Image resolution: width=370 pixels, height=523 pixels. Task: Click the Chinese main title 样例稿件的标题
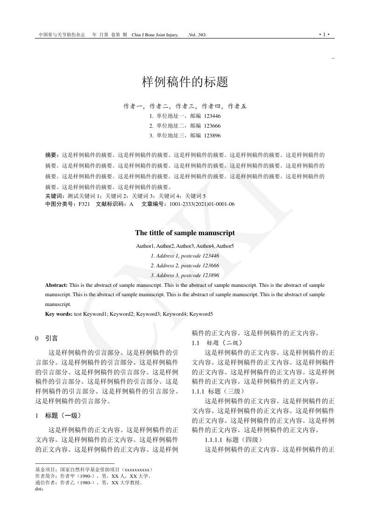click(185, 82)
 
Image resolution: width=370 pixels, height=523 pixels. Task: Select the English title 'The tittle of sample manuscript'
click(185, 233)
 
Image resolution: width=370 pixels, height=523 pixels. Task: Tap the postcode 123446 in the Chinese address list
click(212, 116)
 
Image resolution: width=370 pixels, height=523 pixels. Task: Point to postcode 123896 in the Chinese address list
click(212, 136)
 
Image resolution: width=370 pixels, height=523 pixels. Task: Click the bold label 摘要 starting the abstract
click(52, 155)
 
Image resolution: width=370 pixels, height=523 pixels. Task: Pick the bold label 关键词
click(55, 196)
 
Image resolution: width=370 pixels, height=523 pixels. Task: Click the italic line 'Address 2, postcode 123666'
click(185, 265)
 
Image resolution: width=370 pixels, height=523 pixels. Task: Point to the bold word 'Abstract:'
click(56, 285)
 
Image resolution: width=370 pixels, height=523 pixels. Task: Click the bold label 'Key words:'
click(59, 314)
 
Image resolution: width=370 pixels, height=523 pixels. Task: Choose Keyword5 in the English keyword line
click(201, 314)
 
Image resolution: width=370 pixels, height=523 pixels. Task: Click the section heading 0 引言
click(47, 338)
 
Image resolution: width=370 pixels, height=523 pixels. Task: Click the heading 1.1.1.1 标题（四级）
click(234, 439)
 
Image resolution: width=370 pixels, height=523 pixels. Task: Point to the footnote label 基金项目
click(46, 469)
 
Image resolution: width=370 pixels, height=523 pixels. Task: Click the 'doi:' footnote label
click(40, 489)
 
